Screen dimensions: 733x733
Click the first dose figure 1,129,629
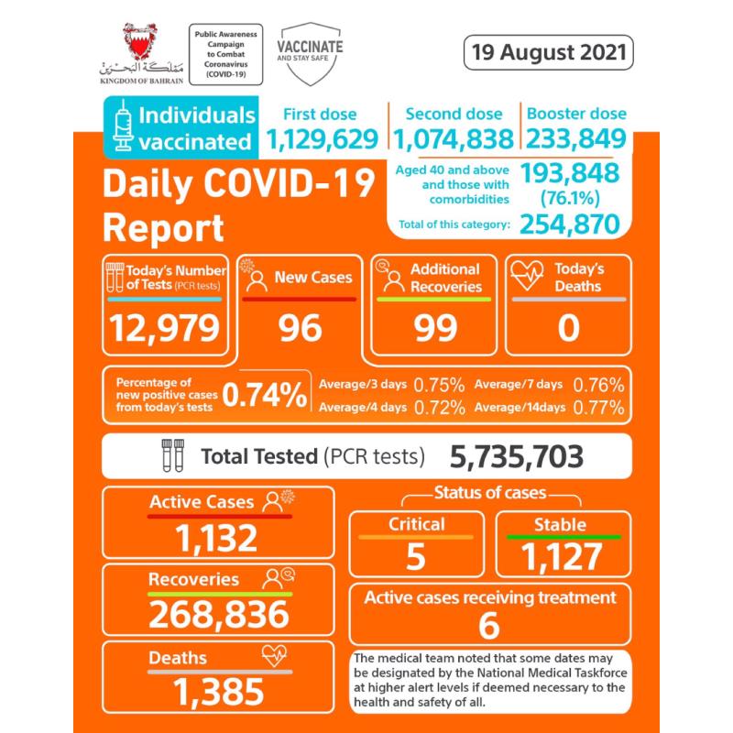pyautogui.click(x=322, y=139)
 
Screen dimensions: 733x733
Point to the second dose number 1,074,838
pyautogui.click(x=454, y=139)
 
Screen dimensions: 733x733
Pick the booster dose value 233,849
pyautogui.click(x=575, y=139)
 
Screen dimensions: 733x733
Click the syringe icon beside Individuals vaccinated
pyautogui.click(x=123, y=128)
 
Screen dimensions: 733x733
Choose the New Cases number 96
pyautogui.click(x=300, y=327)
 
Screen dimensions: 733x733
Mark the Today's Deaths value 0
pyautogui.click(x=568, y=327)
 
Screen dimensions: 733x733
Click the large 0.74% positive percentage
pyautogui.click(x=265, y=395)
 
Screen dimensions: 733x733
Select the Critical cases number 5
pyautogui.click(x=416, y=555)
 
